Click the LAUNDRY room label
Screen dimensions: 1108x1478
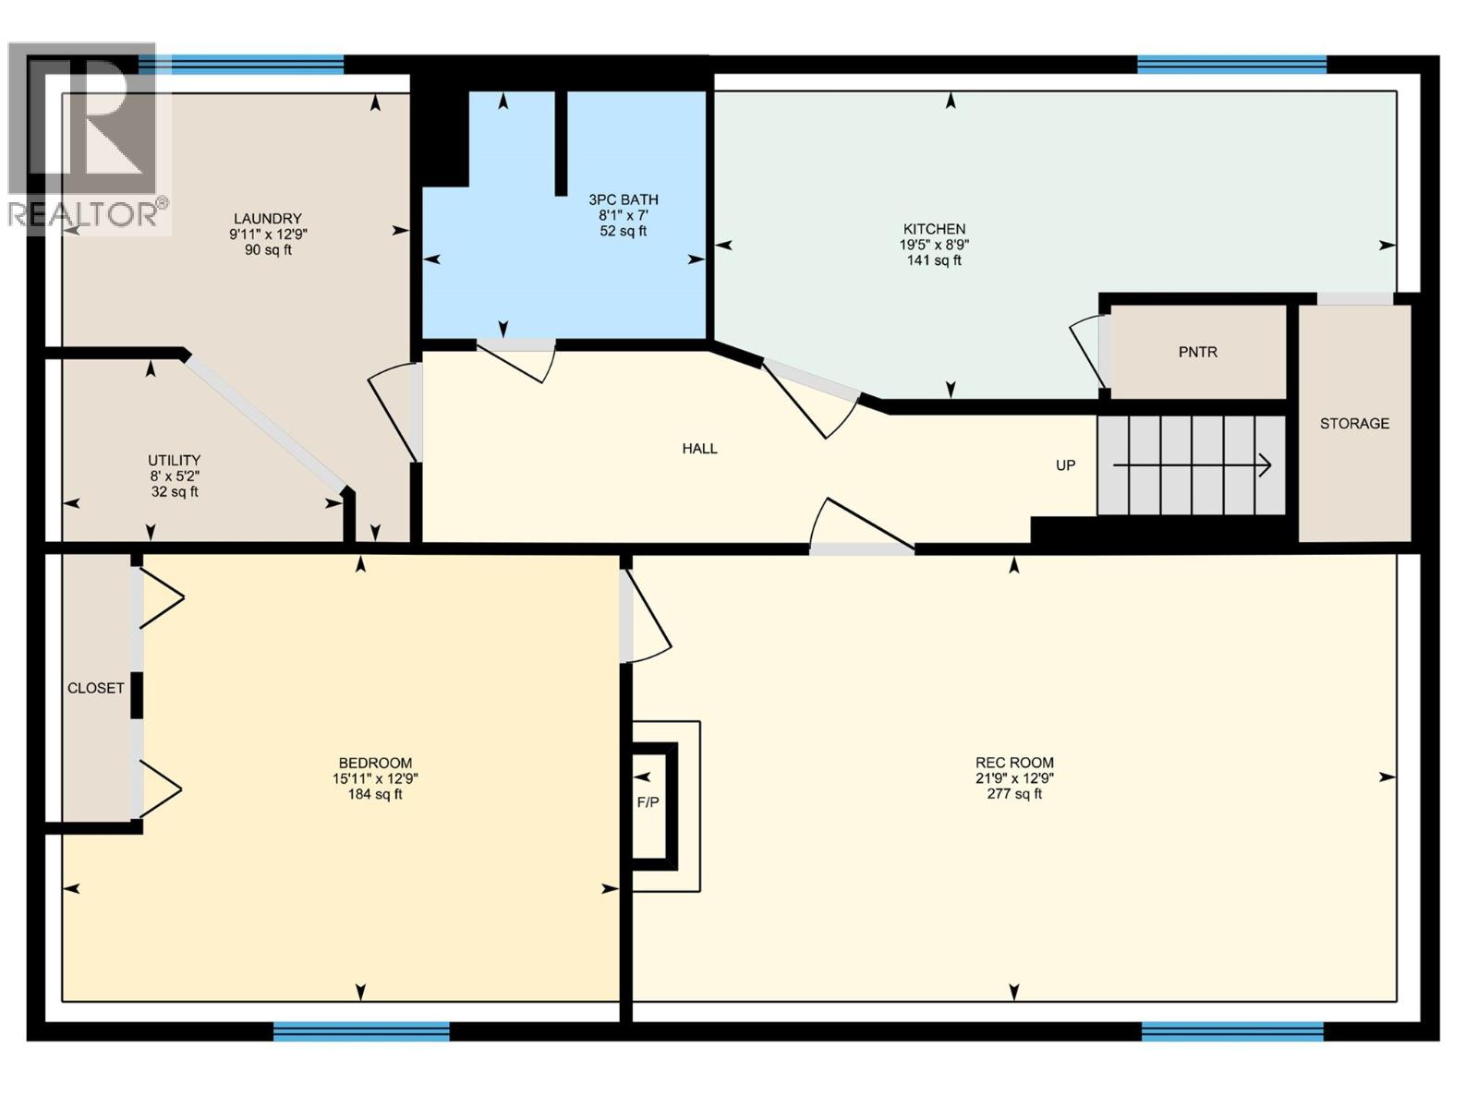click(267, 219)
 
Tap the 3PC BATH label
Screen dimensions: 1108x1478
click(624, 199)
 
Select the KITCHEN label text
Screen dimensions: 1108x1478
click(934, 229)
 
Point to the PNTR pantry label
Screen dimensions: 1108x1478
click(1197, 352)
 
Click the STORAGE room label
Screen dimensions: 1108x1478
click(1354, 424)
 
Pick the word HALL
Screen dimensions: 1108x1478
click(699, 449)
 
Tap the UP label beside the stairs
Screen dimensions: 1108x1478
click(1065, 465)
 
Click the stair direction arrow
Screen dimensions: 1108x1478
click(1192, 466)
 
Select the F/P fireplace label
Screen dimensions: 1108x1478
click(648, 802)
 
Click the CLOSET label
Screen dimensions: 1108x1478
click(95, 688)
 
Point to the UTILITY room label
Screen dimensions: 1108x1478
click(174, 461)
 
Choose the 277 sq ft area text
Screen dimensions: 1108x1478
click(1014, 794)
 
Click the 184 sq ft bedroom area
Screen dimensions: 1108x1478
click(374, 794)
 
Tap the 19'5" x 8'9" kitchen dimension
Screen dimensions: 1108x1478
click(934, 245)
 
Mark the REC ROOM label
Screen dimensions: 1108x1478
click(1014, 763)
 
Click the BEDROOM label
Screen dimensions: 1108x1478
click(375, 763)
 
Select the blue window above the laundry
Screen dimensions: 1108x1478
click(242, 65)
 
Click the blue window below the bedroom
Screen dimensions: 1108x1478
click(361, 1031)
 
